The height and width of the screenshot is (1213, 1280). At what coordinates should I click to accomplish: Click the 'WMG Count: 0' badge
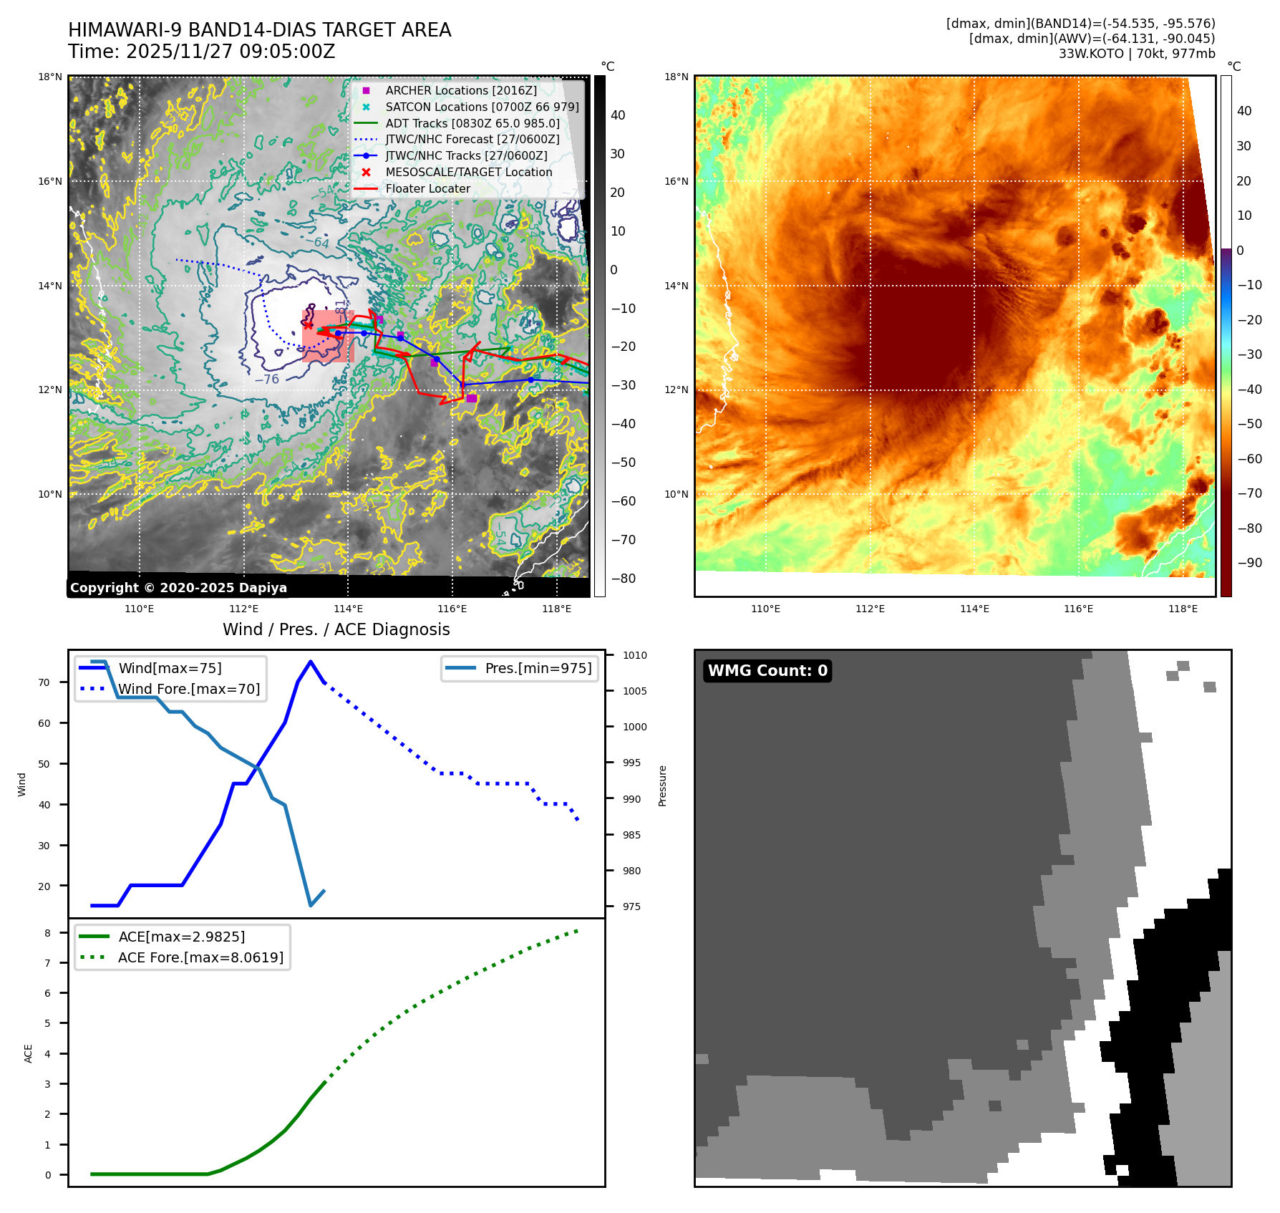pyautogui.click(x=767, y=671)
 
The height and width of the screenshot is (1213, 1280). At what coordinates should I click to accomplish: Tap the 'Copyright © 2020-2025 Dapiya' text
pyautogui.click(x=178, y=588)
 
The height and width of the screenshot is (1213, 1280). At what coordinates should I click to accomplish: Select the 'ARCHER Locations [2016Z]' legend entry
pyautogui.click(x=460, y=90)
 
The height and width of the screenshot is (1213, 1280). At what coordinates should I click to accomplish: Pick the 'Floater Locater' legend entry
pyautogui.click(x=427, y=188)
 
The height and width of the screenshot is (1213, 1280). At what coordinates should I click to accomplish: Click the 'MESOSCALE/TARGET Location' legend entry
pyautogui.click(x=468, y=172)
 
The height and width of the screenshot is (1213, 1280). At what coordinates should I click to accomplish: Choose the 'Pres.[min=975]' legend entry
pyautogui.click(x=538, y=668)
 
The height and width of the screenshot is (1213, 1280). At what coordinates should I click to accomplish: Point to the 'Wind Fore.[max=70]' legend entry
pyautogui.click(x=189, y=689)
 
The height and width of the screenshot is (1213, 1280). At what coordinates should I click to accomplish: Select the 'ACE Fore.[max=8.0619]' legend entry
pyautogui.click(x=200, y=957)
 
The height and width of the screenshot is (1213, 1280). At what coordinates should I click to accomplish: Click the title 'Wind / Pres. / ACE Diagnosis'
pyautogui.click(x=336, y=629)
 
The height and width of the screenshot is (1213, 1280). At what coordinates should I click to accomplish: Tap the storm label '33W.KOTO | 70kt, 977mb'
pyautogui.click(x=1136, y=54)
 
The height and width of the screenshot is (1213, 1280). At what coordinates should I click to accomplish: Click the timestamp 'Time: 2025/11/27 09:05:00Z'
pyautogui.click(x=201, y=52)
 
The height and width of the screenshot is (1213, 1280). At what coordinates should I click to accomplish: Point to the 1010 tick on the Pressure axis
pyautogui.click(x=634, y=655)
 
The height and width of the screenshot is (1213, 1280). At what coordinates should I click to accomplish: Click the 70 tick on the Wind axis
pyautogui.click(x=44, y=682)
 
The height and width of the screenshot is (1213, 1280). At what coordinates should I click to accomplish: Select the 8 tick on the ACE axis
pyautogui.click(x=47, y=933)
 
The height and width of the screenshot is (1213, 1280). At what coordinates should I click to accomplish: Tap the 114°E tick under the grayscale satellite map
pyautogui.click(x=348, y=609)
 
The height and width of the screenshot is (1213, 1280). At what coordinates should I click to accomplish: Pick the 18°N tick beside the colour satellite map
pyautogui.click(x=676, y=77)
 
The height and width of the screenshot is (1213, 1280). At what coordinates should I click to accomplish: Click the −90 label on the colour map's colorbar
pyautogui.click(x=1249, y=563)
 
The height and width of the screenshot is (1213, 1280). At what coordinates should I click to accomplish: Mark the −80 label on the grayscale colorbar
pyautogui.click(x=624, y=579)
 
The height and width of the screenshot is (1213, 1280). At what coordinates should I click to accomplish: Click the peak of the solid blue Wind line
pyautogui.click(x=310, y=662)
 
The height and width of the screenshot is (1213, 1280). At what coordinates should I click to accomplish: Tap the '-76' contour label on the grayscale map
pyautogui.click(x=267, y=380)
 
